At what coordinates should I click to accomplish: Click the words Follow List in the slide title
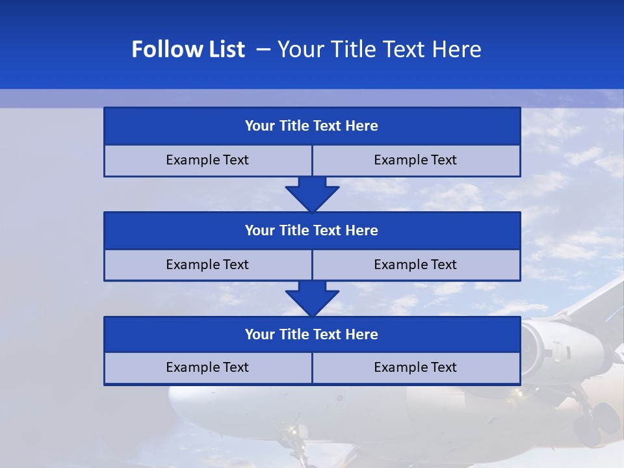188,49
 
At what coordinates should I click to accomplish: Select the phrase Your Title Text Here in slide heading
379,49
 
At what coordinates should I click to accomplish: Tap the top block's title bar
312,126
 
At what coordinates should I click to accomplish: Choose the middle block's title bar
312,231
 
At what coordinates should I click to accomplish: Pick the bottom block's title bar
312,335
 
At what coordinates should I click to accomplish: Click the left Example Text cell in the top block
207,161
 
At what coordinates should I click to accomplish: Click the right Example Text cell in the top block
415,161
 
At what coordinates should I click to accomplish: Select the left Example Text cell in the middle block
207,265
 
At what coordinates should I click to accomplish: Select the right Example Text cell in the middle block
415,265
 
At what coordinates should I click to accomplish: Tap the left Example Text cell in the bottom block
207,368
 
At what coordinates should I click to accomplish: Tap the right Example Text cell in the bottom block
415,368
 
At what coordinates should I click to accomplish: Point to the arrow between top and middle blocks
312,194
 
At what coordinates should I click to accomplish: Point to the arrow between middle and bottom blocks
312,298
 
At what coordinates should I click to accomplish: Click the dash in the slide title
264,49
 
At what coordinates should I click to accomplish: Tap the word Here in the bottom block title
361,335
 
